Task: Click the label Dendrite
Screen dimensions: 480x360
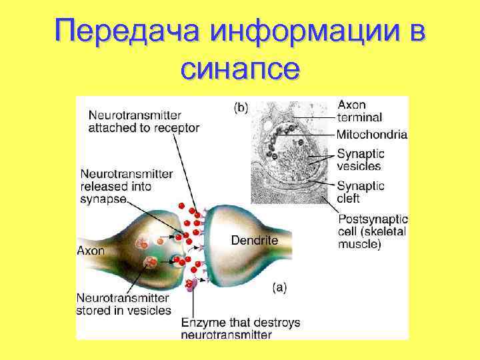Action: click(254, 239)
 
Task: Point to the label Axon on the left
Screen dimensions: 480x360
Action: click(91, 251)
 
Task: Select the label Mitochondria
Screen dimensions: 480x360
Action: click(371, 134)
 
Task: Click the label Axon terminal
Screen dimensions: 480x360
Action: click(360, 111)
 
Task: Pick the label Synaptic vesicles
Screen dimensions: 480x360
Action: click(360, 159)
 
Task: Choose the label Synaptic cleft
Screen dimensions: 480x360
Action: click(360, 191)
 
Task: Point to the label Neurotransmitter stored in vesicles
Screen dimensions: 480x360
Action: click(123, 304)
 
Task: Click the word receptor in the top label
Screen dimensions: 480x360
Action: click(175, 127)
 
